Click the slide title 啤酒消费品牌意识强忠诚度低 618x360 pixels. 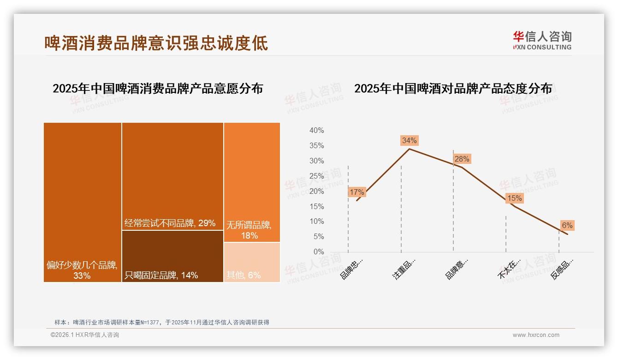point(156,43)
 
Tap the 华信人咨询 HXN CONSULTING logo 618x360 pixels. point(542,40)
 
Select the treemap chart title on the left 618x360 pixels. point(158,89)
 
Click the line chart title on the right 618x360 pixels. point(453,89)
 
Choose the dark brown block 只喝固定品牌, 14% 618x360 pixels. point(172,256)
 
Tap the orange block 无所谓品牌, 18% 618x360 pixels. point(252,182)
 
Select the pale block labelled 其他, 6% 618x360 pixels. point(252,262)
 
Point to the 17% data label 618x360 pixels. point(357,192)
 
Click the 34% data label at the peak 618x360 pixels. point(409,140)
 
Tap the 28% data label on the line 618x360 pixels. point(462,159)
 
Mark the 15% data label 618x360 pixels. point(514,198)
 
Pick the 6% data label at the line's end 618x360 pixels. point(567,225)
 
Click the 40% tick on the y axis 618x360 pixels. point(316,131)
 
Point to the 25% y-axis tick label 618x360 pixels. point(316,176)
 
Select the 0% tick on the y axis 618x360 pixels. point(319,252)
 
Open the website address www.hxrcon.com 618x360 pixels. point(536,335)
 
